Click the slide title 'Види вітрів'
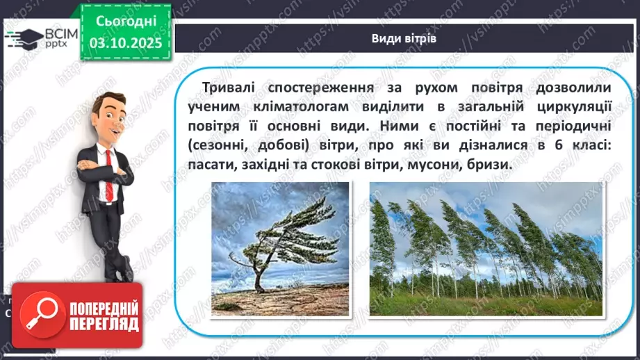point(403,38)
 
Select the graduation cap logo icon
point(23,36)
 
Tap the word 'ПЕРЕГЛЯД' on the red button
point(104,324)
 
